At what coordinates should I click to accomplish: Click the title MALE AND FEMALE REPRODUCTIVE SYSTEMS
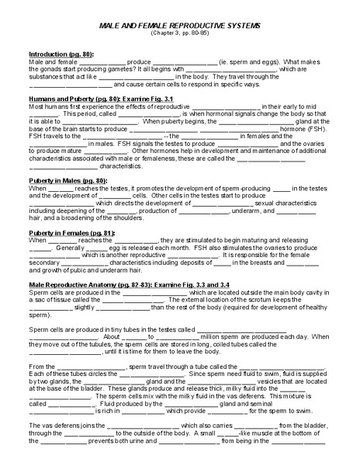click(x=180, y=26)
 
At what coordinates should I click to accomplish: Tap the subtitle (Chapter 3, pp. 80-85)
click(x=180, y=34)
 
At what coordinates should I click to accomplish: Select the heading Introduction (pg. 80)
click(x=52, y=54)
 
